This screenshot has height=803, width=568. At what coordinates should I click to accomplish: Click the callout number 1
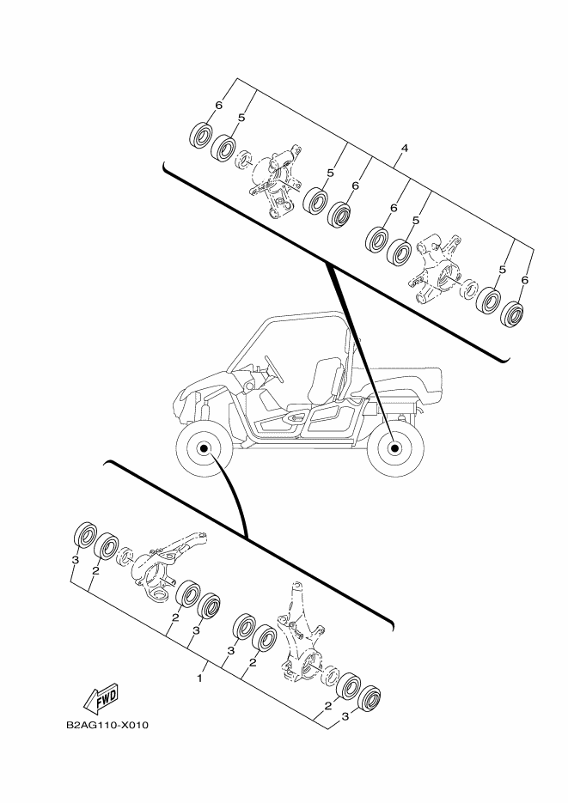(199, 678)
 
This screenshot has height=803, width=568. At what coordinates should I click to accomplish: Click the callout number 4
(404, 149)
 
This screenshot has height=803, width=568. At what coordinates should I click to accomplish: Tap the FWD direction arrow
(101, 698)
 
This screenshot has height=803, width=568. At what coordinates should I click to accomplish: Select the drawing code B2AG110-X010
(107, 725)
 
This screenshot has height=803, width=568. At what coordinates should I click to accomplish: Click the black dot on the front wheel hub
(204, 448)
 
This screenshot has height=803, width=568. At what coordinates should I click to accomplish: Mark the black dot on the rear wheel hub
(394, 448)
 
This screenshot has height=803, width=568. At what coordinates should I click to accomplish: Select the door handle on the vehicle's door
(294, 418)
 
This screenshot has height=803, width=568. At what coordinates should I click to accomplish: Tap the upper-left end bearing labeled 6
(201, 135)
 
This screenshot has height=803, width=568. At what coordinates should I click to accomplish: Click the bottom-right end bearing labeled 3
(369, 698)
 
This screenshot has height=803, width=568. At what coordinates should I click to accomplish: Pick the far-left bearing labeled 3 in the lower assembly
(86, 535)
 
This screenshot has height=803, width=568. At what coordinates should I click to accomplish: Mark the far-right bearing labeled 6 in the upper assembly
(511, 314)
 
